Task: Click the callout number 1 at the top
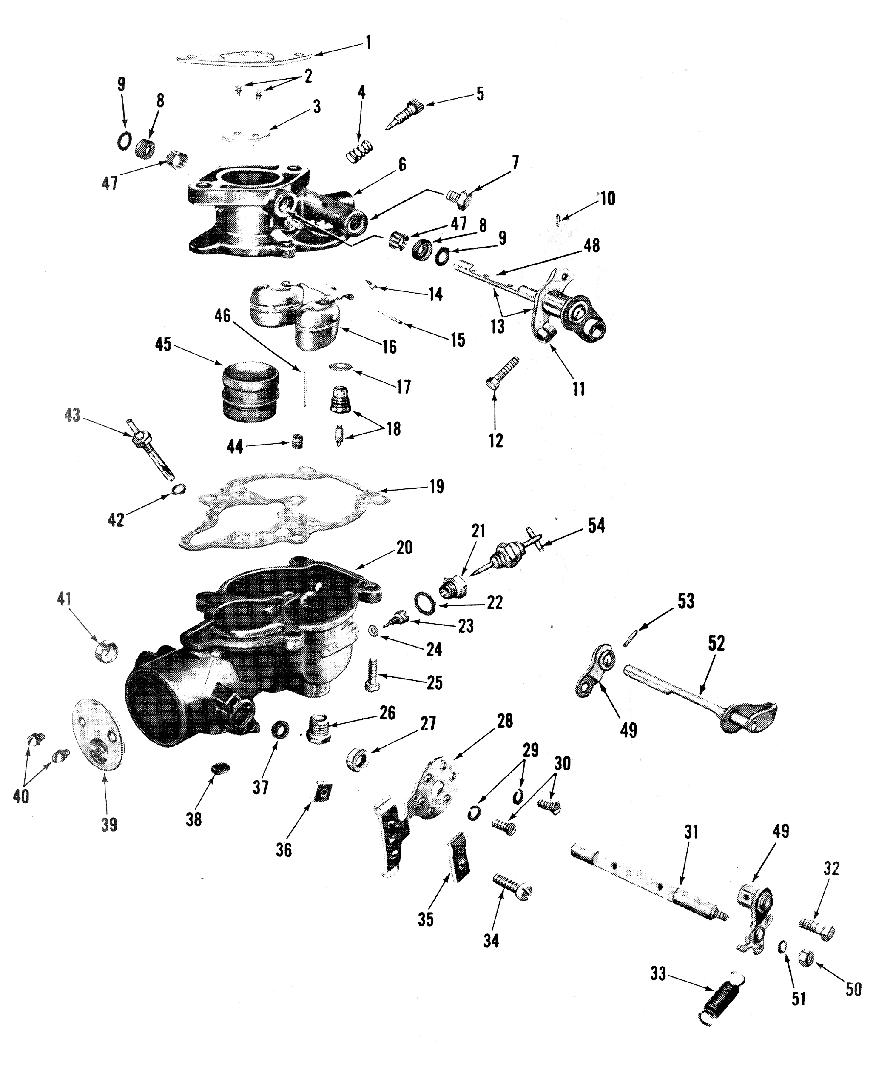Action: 369,42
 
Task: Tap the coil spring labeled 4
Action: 360,150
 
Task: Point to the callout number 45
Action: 163,345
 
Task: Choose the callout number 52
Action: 716,643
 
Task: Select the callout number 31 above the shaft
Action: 691,832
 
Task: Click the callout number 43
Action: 72,416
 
